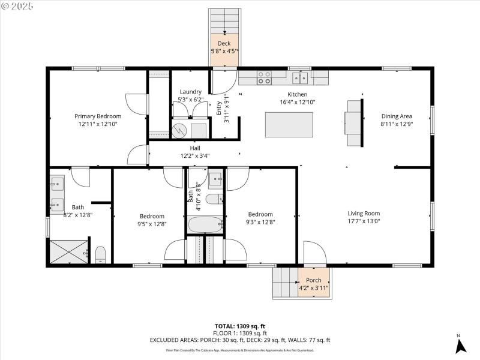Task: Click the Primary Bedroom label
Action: point(98,116)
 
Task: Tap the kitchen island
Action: point(289,124)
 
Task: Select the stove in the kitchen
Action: point(264,77)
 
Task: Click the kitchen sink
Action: point(301,77)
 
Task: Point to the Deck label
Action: point(224,43)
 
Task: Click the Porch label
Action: point(313,280)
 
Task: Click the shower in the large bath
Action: point(68,252)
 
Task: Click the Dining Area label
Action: point(397,117)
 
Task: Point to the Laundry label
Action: point(191,92)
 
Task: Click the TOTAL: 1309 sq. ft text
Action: point(240,326)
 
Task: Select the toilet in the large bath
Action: point(100,254)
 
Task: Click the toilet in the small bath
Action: point(214,199)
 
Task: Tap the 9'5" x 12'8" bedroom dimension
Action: point(152,224)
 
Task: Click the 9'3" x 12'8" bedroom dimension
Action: point(260,222)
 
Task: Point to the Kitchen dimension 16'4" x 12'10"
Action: point(298,102)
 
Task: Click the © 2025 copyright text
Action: point(18,6)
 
